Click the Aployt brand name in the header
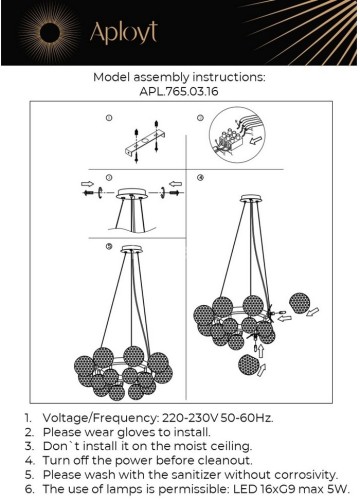[123, 33]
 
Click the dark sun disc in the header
[50, 33]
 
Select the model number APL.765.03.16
[179, 91]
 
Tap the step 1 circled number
[109, 118]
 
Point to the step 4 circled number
[200, 178]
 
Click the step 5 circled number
[109, 246]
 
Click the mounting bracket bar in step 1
[146, 143]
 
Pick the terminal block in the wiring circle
[230, 140]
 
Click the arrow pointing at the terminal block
[255, 140]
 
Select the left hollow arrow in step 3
[88, 184]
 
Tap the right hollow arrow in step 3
[175, 184]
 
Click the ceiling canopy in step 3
[132, 193]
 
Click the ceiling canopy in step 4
[251, 199]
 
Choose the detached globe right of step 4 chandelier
[299, 303]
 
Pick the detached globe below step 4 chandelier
[249, 365]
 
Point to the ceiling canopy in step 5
[132, 249]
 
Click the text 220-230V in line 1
[190, 418]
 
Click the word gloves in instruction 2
[137, 432]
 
